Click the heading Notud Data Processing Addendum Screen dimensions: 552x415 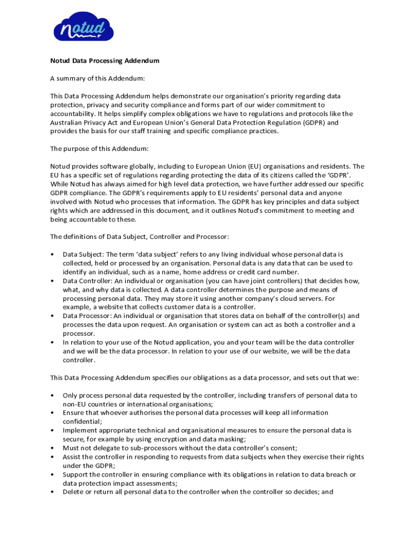point(105,61)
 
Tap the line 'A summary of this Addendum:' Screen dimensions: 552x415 point(98,78)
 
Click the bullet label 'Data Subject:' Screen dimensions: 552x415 point(83,254)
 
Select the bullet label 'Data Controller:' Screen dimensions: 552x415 point(87,281)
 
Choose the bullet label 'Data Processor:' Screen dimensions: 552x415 point(87,316)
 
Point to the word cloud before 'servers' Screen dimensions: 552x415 point(273,298)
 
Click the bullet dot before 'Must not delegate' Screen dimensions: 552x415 point(52,448)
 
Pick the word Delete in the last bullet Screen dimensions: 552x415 point(73,492)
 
